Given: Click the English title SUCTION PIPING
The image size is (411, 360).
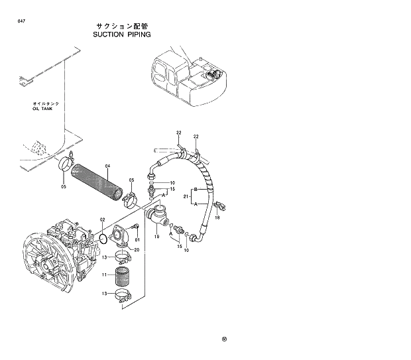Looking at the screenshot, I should pos(122,34).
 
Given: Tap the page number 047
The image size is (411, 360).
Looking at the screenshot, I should pos(22,23).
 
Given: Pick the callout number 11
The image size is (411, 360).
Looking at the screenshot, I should pos(104,274).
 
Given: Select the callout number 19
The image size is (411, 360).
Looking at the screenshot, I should pos(156,236).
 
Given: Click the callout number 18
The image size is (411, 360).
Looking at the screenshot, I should pos(217,218).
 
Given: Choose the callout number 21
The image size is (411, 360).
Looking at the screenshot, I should pos(187,197).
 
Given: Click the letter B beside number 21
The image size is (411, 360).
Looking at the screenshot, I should pos(196,189).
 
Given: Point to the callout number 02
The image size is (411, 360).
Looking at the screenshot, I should pos(103,219).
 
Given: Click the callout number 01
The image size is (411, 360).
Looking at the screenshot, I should pos(137,239).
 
